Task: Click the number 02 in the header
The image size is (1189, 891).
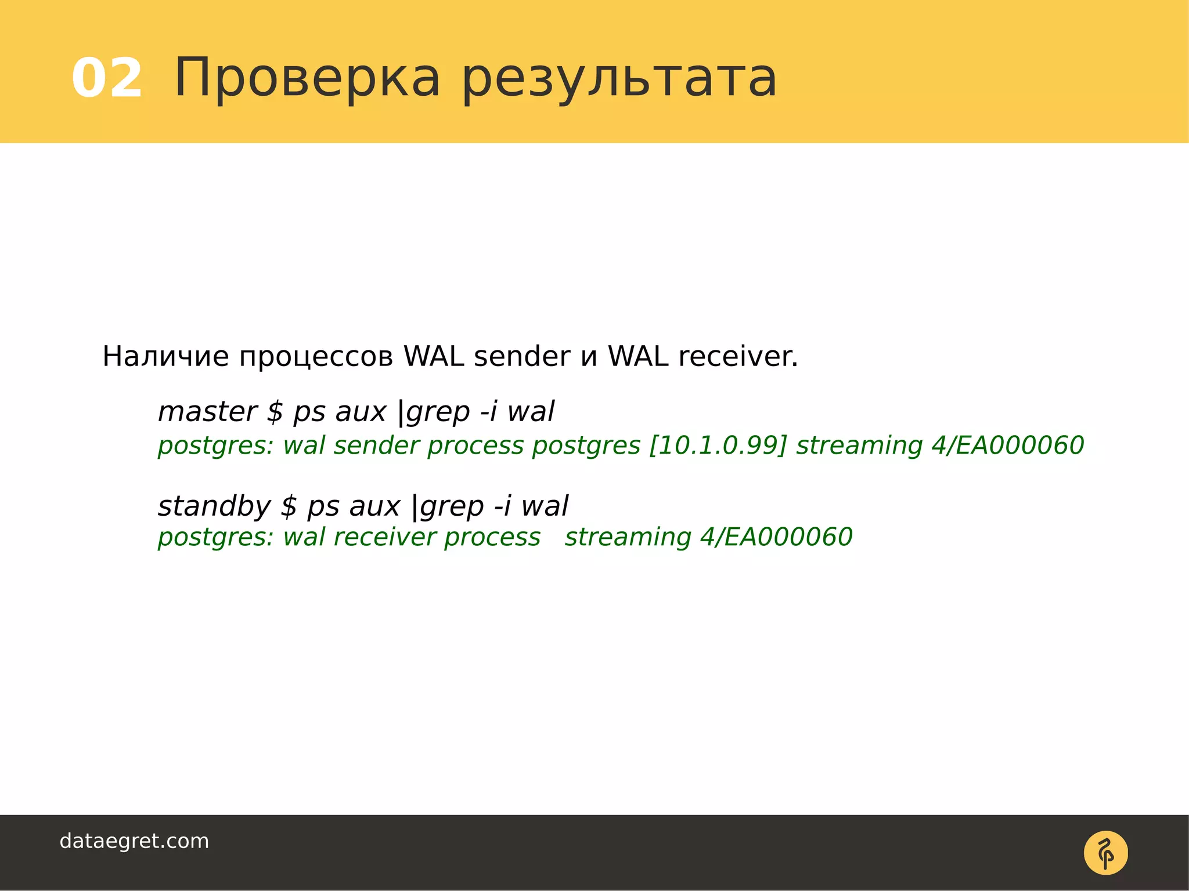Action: coord(107,78)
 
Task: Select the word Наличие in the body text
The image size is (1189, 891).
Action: coord(165,356)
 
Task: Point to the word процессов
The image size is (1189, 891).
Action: coord(316,357)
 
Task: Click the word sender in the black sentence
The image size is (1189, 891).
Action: coord(522,356)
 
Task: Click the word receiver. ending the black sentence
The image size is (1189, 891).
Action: coord(738,356)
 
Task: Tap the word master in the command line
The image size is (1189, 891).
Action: coord(207,411)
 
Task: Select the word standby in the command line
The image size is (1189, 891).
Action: coord(214,506)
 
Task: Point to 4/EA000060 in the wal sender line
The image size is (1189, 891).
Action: coord(1008,445)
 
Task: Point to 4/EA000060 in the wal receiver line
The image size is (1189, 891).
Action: coord(776,537)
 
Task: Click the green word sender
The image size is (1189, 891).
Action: coord(376,445)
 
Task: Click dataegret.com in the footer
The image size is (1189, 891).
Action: coord(134,841)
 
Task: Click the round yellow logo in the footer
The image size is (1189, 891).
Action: coord(1105,853)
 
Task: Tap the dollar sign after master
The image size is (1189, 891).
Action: coord(275,412)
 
